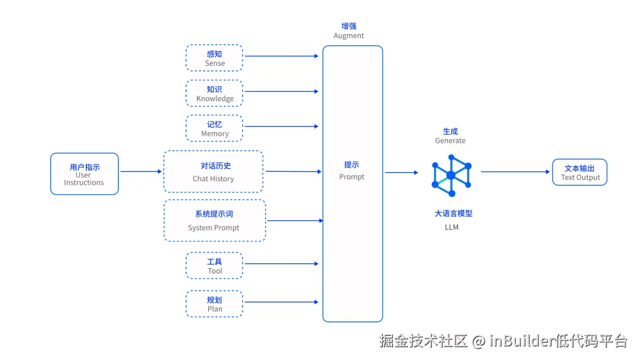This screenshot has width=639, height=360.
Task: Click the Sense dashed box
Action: [214, 58]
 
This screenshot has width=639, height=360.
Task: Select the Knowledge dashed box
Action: [214, 94]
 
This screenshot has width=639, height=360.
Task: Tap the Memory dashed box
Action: [214, 128]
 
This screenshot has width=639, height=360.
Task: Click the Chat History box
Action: [213, 172]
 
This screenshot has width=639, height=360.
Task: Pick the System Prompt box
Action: [214, 220]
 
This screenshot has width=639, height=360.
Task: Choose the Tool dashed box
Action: [214, 266]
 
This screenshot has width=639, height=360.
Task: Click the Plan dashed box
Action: [214, 304]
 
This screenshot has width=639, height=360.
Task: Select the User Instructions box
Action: [84, 174]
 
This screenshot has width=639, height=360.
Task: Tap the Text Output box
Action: [580, 172]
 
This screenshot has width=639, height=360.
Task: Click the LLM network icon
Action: [451, 175]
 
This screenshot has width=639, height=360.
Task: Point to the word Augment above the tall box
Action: [348, 36]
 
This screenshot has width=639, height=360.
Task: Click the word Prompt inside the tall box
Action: [352, 177]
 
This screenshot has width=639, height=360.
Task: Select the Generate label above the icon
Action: [450, 141]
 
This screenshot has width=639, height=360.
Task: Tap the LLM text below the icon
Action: [451, 227]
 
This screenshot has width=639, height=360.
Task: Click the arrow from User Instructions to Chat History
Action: [141, 172]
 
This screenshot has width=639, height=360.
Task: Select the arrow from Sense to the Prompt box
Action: [282, 56]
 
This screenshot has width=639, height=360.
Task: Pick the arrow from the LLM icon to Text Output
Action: [515, 172]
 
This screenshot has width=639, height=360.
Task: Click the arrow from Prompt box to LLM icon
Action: [401, 173]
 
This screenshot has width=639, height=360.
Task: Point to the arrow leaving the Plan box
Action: [282, 302]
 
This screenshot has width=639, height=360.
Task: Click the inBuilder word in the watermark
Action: [521, 341]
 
